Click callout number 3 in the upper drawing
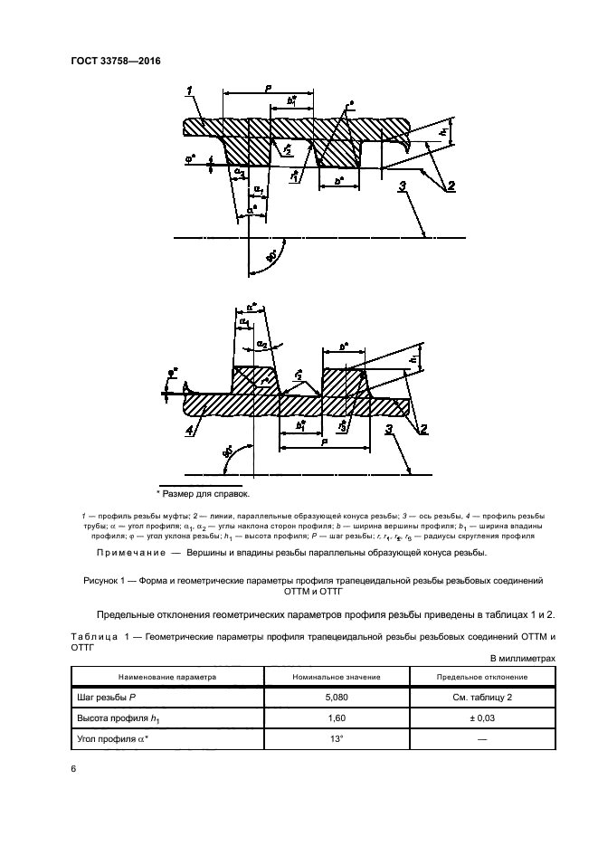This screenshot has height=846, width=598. pos(401,186)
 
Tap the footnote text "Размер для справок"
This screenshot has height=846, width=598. pos(206,494)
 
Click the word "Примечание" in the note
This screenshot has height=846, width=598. pos(128,553)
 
